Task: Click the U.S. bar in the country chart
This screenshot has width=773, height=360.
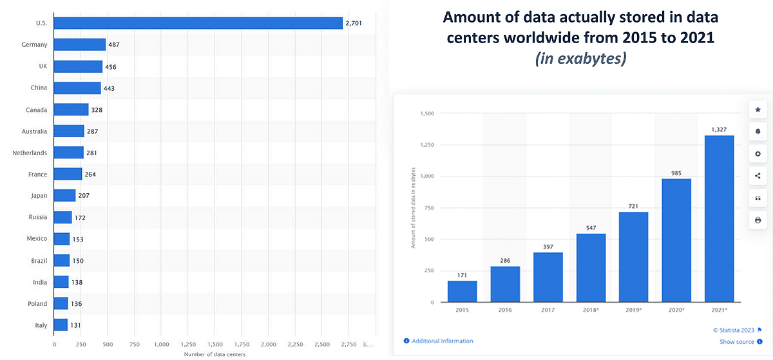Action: pyautogui.click(x=198, y=23)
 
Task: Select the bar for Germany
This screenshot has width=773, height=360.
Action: pyautogui.click(x=79, y=44)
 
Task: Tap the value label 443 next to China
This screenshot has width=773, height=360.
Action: pyautogui.click(x=109, y=88)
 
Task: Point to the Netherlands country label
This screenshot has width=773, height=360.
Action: pyautogui.click(x=30, y=153)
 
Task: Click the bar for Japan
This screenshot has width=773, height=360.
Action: pyautogui.click(x=64, y=196)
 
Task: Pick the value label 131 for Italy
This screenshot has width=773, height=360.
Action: pyautogui.click(x=77, y=325)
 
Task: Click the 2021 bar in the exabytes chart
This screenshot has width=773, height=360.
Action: pyautogui.click(x=719, y=218)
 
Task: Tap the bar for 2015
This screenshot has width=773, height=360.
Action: pyautogui.click(x=462, y=291)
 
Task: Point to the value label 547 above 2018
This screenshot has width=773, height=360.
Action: pyautogui.click(x=591, y=228)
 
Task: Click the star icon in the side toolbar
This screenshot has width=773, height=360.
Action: pyautogui.click(x=758, y=109)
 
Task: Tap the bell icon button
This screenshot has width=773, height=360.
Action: pyautogui.click(x=758, y=131)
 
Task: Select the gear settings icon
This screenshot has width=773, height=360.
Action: pyautogui.click(x=758, y=154)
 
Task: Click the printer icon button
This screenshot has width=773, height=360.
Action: pyautogui.click(x=758, y=220)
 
